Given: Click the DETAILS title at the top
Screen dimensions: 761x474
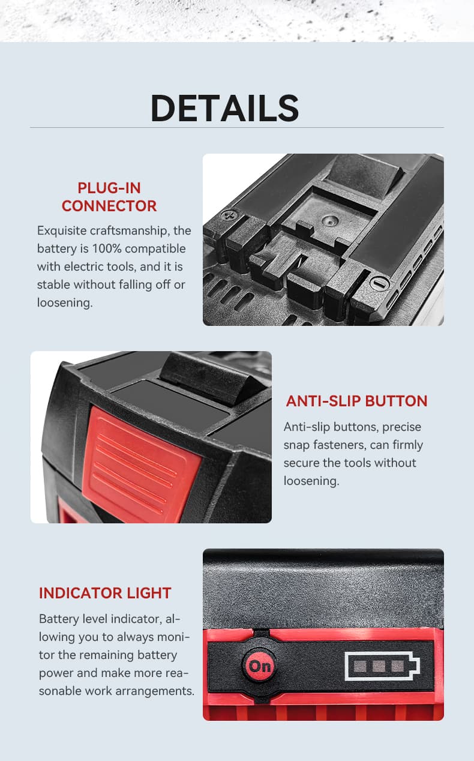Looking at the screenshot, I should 224,108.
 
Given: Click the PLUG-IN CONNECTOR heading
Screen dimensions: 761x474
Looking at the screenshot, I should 109,197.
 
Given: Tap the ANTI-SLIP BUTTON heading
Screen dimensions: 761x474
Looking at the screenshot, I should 356,401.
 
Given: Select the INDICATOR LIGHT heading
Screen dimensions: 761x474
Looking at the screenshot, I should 105,593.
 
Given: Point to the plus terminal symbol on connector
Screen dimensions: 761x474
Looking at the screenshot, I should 227,215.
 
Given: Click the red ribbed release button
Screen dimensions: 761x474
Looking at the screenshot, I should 141,462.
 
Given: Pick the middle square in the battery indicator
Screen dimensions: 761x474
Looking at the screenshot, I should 379,666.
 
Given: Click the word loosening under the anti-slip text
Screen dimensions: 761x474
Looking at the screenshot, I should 311,481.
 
